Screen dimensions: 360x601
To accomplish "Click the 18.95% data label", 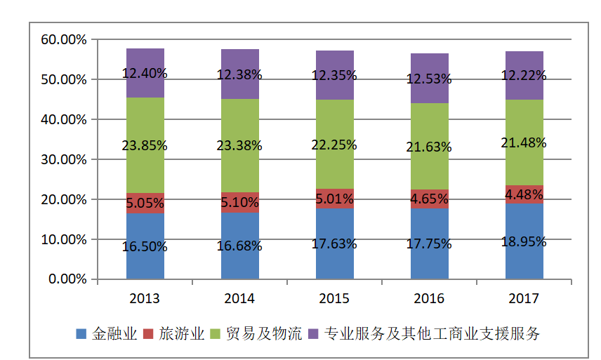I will (524, 242).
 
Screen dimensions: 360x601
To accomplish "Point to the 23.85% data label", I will (145, 146).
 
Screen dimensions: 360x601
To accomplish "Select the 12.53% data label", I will (429, 79).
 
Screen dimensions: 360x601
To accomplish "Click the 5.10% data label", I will (239, 203).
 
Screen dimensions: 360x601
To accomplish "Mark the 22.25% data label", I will (334, 145).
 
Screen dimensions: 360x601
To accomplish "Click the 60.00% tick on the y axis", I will (64, 40).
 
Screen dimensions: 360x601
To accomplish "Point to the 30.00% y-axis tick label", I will (64, 160).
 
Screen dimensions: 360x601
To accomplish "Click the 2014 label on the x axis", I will (239, 298).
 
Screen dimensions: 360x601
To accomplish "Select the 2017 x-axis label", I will (524, 298).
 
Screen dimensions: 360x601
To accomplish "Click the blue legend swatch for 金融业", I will (81, 334).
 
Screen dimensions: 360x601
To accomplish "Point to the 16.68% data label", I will (239, 246).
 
